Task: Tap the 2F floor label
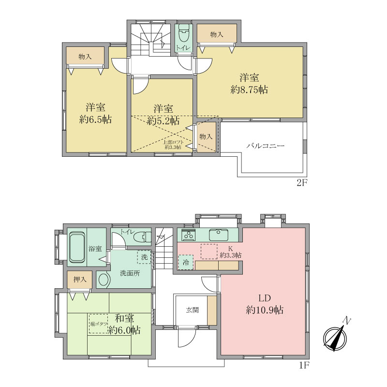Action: (x=302, y=182)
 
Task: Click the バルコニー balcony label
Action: (x=265, y=145)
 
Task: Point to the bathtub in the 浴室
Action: (x=77, y=248)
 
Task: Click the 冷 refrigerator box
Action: (x=186, y=263)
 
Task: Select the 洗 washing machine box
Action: (x=145, y=256)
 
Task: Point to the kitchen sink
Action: (x=219, y=235)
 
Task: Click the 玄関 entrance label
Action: (x=192, y=310)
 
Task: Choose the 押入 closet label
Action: (x=80, y=279)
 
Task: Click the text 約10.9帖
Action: (x=264, y=311)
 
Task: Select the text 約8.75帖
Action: (x=250, y=89)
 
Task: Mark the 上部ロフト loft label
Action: (x=173, y=144)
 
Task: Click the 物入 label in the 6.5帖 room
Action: (x=85, y=57)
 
